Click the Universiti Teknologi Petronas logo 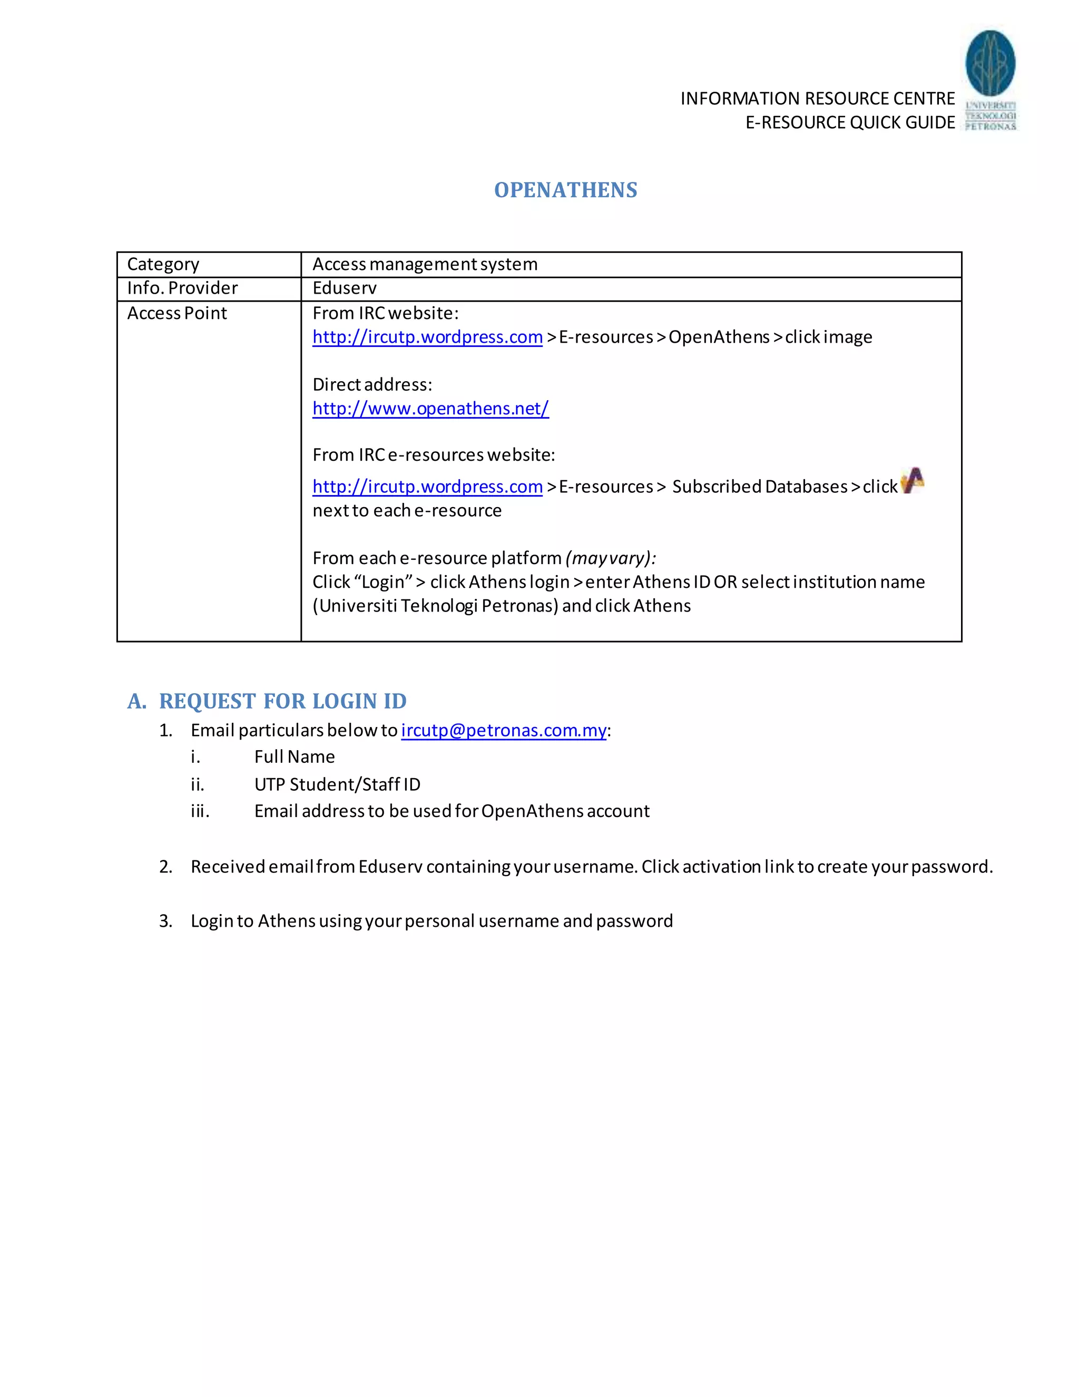point(989,81)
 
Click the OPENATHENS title point(566,190)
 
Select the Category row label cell point(164,264)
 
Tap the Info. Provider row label point(182,288)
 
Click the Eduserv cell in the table point(345,288)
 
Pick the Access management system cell point(425,264)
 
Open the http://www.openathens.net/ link point(430,408)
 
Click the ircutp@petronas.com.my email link point(504,731)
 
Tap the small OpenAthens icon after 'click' point(912,481)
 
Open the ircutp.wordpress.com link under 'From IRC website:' point(427,337)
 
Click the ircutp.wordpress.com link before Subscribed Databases point(427,487)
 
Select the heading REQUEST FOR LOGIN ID point(282,701)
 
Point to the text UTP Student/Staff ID point(338,785)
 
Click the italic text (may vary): point(611,558)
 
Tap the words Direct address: point(372,385)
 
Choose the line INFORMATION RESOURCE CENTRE point(817,99)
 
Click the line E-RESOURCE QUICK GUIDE point(850,122)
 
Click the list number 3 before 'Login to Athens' point(165,921)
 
